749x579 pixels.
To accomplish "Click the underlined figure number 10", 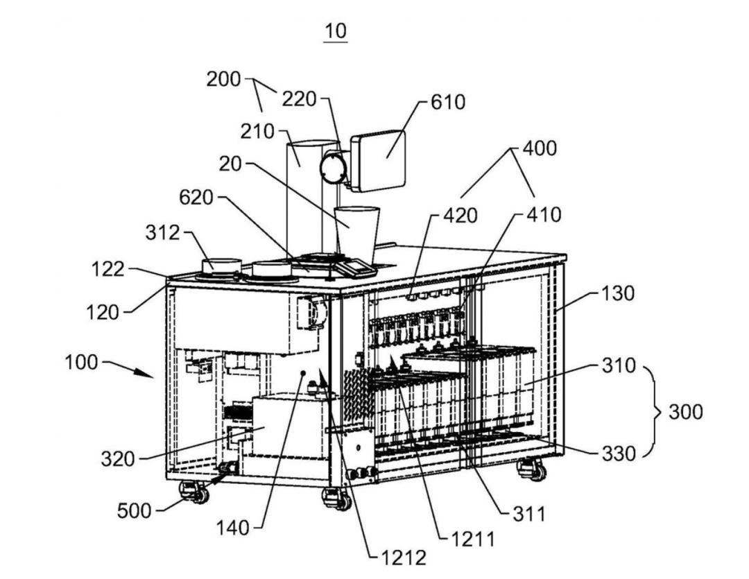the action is tap(336, 31).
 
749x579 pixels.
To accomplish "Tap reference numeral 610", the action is tap(448, 102).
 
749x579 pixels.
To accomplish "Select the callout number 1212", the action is tap(403, 557).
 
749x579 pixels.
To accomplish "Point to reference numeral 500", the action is tap(135, 511).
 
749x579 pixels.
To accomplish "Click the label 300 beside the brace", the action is tap(685, 412).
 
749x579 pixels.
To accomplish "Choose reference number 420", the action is tap(460, 216).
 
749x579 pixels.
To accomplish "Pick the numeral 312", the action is tap(163, 233).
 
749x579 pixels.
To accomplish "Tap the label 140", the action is tap(232, 528).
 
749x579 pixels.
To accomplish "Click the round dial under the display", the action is tap(332, 168).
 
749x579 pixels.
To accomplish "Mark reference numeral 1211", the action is tap(472, 539).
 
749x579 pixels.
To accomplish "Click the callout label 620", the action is tap(196, 198).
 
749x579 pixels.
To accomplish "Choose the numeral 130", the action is tap(618, 293).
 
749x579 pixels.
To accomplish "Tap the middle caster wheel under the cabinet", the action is tap(337, 499).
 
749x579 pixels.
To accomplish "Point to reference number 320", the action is tap(118, 459).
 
